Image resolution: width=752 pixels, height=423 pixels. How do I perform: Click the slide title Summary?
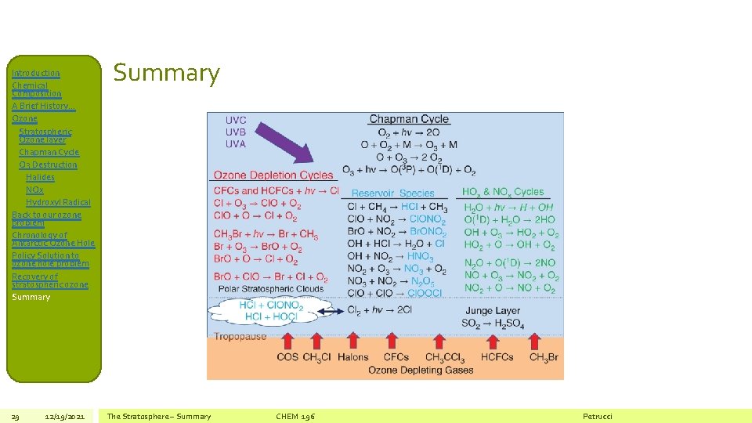(167, 73)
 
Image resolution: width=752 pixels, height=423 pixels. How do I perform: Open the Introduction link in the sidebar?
(35, 73)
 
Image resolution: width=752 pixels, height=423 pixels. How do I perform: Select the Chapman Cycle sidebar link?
(49, 152)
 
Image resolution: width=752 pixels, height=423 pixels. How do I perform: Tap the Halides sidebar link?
(40, 177)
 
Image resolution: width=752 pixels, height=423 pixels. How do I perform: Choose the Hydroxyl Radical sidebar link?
(58, 202)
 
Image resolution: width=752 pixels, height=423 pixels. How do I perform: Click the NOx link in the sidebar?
(34, 190)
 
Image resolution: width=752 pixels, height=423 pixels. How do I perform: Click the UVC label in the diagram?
(236, 120)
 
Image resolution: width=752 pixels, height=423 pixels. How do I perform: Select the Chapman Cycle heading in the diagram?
(409, 119)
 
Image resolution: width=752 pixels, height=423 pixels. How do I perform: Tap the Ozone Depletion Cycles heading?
(273, 175)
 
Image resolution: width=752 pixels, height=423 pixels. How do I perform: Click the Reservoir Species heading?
(392, 193)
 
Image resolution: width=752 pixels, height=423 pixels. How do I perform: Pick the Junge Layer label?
(493, 311)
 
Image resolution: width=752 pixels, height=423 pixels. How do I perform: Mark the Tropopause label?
(240, 337)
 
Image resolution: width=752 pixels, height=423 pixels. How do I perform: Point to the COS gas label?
(287, 357)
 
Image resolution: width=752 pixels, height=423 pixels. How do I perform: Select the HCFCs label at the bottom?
(497, 357)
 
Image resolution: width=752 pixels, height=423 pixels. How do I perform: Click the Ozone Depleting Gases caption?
(421, 370)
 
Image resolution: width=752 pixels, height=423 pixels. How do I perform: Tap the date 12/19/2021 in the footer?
(69, 416)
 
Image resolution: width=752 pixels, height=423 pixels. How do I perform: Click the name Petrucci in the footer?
(598, 416)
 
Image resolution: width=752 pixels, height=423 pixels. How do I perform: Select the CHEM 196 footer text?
(295, 416)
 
